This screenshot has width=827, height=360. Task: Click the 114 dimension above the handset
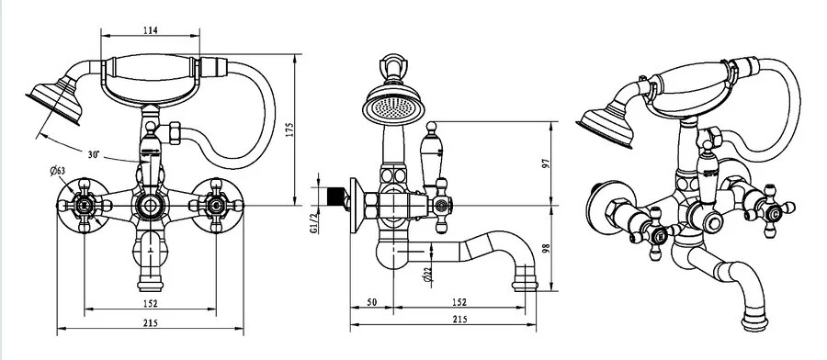click(x=151, y=30)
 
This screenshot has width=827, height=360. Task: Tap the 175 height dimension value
click(x=289, y=130)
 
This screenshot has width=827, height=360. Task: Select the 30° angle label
click(x=94, y=155)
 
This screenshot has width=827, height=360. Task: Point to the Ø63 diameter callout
click(x=58, y=170)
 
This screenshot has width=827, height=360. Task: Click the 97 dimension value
click(x=546, y=163)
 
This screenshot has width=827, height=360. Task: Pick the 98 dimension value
click(x=546, y=248)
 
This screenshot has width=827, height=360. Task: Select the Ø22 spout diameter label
click(x=427, y=275)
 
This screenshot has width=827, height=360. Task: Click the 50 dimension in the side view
click(x=372, y=302)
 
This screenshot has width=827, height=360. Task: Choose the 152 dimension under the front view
click(x=151, y=304)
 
